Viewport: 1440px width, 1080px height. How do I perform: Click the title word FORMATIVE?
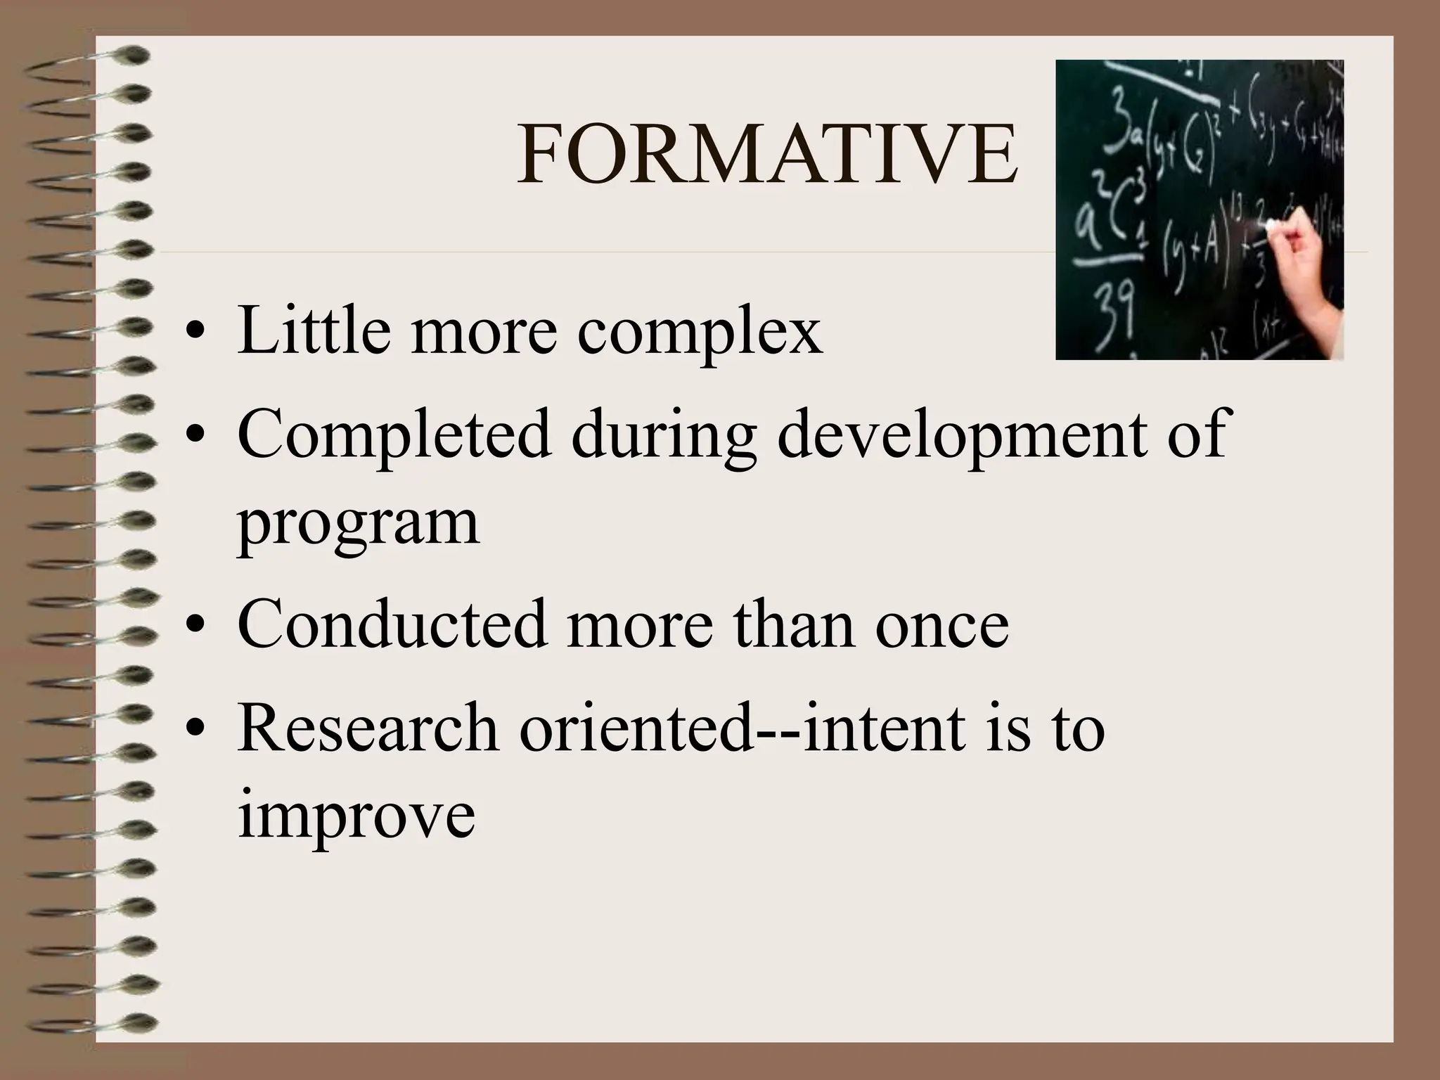(767, 156)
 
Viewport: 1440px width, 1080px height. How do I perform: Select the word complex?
(700, 332)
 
